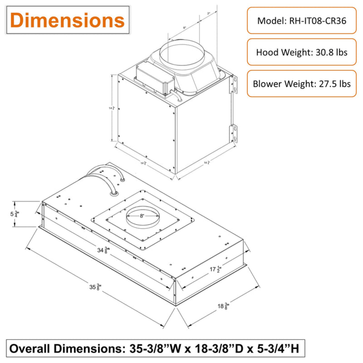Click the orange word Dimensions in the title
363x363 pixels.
click(x=67, y=20)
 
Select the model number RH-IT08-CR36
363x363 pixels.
click(x=318, y=21)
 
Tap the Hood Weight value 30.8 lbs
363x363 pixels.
click(x=331, y=52)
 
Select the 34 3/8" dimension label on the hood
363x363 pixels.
click(x=103, y=250)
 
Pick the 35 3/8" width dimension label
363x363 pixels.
click(x=95, y=287)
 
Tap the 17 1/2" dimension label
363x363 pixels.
click(x=215, y=269)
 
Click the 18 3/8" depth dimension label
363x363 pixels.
click(x=223, y=306)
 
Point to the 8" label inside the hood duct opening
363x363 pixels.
click(x=142, y=216)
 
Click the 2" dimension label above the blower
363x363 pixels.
click(x=208, y=13)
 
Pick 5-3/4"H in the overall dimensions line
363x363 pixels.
click(x=278, y=348)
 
